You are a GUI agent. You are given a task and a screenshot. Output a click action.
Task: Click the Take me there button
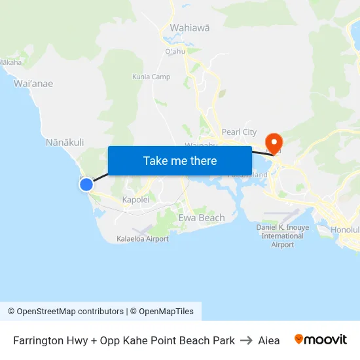point(180,160)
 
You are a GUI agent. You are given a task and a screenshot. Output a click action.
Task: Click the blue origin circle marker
point(86,185)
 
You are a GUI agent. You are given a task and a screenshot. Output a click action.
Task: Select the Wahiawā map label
point(190,28)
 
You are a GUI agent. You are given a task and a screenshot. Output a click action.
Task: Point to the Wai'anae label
point(33,83)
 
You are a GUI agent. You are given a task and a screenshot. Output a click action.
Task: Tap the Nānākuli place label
point(65,142)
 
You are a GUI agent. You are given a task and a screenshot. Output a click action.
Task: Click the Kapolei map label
point(136,200)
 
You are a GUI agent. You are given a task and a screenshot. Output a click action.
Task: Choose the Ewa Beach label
point(202,217)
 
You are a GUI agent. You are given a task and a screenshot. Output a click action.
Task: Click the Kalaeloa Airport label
point(143,239)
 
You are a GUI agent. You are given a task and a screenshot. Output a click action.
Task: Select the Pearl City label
point(239,132)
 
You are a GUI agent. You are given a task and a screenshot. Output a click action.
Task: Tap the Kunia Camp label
point(151,77)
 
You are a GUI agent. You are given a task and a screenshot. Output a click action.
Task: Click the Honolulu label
point(345,230)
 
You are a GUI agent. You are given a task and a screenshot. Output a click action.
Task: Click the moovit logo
point(321,340)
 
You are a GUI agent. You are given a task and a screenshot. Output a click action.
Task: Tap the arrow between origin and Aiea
point(246,340)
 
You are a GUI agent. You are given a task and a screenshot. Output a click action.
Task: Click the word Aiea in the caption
point(269,340)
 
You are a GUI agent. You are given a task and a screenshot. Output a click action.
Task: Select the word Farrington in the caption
point(39,340)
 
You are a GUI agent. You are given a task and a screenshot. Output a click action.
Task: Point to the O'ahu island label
point(175,51)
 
